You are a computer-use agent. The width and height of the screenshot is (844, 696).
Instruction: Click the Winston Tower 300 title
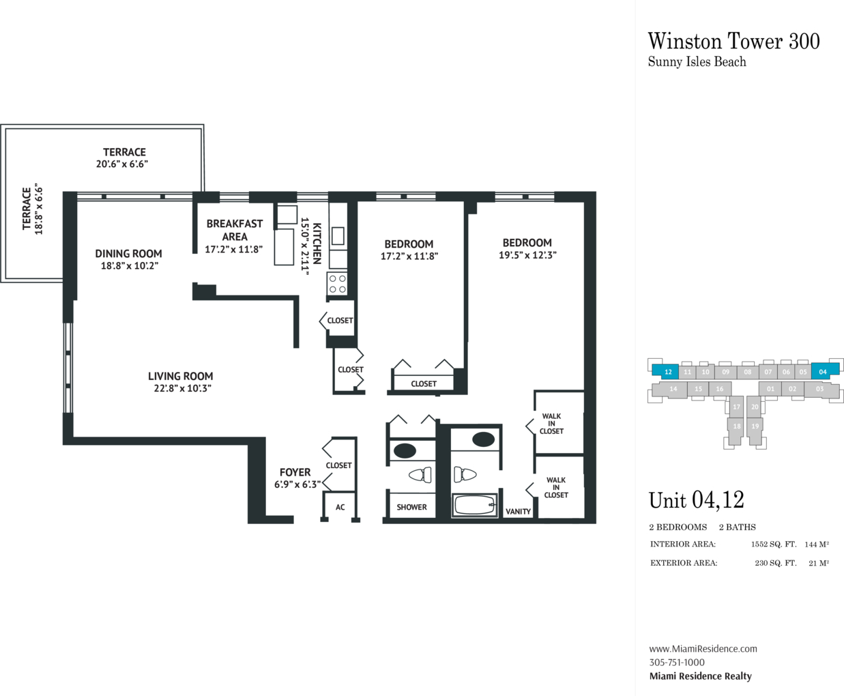pyautogui.click(x=733, y=41)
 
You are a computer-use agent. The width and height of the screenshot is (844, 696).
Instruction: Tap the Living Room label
pyautogui.click(x=180, y=376)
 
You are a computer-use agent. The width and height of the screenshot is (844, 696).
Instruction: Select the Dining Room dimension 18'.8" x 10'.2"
pyautogui.click(x=130, y=266)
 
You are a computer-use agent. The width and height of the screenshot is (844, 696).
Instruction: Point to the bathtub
pyautogui.click(x=474, y=505)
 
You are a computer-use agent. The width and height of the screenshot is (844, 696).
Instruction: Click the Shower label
pyautogui.click(x=411, y=507)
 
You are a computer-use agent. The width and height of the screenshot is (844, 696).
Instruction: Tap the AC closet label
pyautogui.click(x=340, y=507)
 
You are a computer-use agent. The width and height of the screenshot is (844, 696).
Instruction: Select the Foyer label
pyautogui.click(x=295, y=472)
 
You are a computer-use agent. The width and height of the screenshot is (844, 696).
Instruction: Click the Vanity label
pyautogui.click(x=518, y=512)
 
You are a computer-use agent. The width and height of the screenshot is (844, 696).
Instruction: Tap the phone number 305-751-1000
pyautogui.click(x=677, y=663)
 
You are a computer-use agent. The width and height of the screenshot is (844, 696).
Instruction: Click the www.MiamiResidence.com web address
pyautogui.click(x=703, y=649)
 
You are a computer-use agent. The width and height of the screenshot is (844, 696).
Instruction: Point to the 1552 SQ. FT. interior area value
pyautogui.click(x=774, y=545)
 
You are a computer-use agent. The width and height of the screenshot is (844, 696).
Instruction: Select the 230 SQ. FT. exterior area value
pyautogui.click(x=775, y=563)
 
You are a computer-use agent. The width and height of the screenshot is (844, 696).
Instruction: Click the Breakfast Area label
pyautogui.click(x=235, y=230)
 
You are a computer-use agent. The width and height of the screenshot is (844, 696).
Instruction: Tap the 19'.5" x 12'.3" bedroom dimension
pyautogui.click(x=527, y=255)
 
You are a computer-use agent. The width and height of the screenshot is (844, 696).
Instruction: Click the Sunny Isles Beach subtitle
pyautogui.click(x=697, y=62)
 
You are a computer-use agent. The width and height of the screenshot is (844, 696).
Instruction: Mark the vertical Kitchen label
pyautogui.click(x=317, y=244)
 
